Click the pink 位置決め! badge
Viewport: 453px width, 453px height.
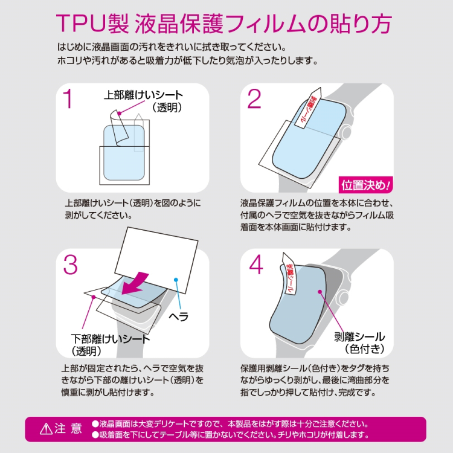[366, 184]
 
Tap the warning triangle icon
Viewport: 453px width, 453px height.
[46, 429]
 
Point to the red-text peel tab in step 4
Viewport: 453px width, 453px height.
[289, 275]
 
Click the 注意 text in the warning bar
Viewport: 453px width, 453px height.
[68, 429]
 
